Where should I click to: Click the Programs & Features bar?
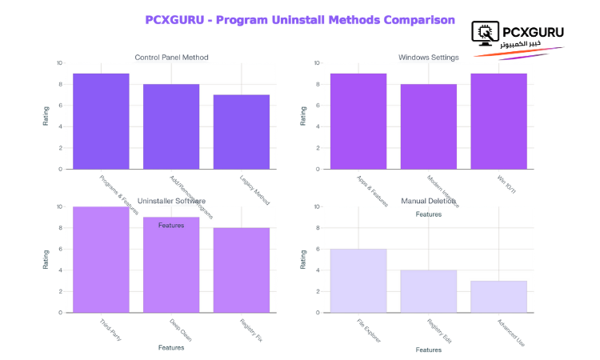pyautogui.click(x=101, y=121)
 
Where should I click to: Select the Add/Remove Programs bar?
pyautogui.click(x=171, y=126)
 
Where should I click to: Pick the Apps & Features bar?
pyautogui.click(x=358, y=121)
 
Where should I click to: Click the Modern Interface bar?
pyautogui.click(x=429, y=126)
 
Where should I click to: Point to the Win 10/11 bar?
pyautogui.click(x=499, y=121)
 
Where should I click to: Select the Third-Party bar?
pyautogui.click(x=101, y=259)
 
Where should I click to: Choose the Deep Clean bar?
pyautogui.click(x=171, y=265)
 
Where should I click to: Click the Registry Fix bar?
pyautogui.click(x=242, y=270)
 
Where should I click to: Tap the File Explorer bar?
pyautogui.click(x=358, y=280)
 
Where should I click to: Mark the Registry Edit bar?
pyautogui.click(x=429, y=291)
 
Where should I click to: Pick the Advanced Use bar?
pyautogui.click(x=499, y=296)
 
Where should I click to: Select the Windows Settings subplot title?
pyautogui.click(x=429, y=57)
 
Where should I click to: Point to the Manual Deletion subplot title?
pyautogui.click(x=429, y=200)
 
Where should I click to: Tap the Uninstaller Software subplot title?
pyautogui.click(x=171, y=200)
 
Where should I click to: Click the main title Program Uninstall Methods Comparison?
pyautogui.click(x=300, y=19)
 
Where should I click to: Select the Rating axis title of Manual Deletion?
pyautogui.click(x=303, y=259)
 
